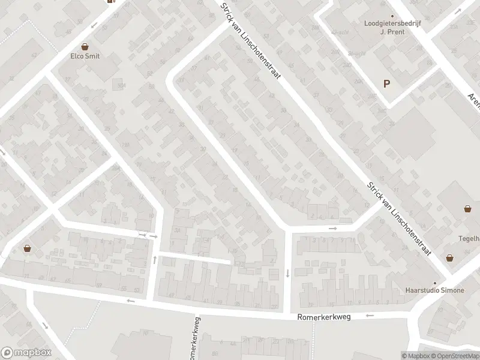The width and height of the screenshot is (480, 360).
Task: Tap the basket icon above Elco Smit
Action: coord(85,46)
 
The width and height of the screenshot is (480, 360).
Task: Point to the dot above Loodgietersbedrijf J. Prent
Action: coord(392,16)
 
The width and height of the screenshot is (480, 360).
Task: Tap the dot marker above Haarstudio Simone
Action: coord(436,283)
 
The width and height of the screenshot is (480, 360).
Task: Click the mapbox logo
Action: coord(26,353)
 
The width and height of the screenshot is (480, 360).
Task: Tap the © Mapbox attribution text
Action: coord(415,356)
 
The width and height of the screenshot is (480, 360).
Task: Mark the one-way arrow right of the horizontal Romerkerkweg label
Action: coord(370,316)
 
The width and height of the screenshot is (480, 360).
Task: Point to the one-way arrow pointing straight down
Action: coord(288,274)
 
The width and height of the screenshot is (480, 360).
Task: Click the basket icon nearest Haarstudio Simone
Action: coord(449,258)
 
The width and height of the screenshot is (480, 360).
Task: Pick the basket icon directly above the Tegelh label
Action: coord(467,209)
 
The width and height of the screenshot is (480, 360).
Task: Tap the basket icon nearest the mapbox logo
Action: coord(27,248)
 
